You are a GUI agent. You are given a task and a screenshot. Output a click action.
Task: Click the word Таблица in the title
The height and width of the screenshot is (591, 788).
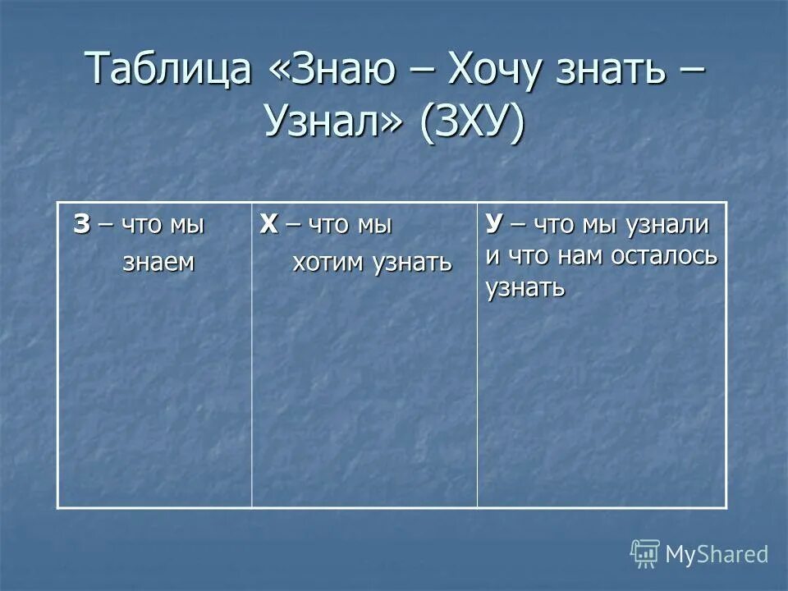168,68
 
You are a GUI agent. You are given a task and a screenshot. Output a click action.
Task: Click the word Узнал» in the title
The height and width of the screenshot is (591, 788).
334,123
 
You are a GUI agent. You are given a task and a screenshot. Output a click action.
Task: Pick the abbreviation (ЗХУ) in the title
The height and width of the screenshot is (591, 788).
472,123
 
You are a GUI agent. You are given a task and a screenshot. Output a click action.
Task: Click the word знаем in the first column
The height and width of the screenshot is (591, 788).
158,262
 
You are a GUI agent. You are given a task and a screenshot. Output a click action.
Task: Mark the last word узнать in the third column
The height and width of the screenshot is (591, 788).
525,287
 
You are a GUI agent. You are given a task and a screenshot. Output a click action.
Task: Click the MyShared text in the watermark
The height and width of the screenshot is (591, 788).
717,554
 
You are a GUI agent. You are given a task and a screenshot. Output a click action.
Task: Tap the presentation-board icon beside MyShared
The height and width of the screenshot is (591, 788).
645,553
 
